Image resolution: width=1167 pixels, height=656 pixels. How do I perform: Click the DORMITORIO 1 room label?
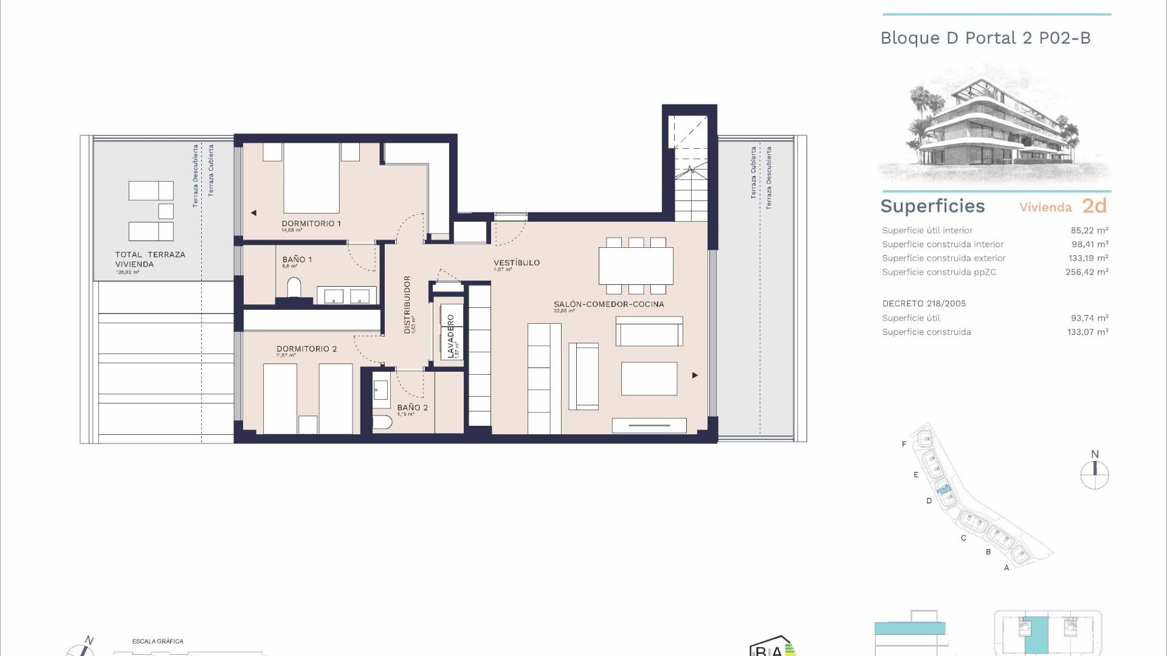click(x=311, y=224)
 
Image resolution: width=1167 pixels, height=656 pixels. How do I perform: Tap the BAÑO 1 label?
click(x=297, y=259)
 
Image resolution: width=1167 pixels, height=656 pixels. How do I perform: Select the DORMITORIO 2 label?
click(x=306, y=349)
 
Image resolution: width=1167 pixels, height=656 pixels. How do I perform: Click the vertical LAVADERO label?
click(x=450, y=336)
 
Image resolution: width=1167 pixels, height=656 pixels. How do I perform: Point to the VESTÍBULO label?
click(x=516, y=262)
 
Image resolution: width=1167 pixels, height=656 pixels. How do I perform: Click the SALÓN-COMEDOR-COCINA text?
click(x=608, y=304)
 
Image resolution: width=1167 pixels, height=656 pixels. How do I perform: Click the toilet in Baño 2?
click(x=382, y=422)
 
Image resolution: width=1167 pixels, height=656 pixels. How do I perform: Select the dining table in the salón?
click(x=636, y=266)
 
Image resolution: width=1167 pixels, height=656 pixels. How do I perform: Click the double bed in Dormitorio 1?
click(x=311, y=177)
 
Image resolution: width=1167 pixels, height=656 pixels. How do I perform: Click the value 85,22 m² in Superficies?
click(x=1089, y=230)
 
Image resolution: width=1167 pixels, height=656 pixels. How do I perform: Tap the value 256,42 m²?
click(x=1087, y=272)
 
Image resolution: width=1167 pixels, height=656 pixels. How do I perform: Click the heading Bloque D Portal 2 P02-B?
click(x=985, y=38)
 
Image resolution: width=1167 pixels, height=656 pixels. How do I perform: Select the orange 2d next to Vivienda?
click(x=1094, y=206)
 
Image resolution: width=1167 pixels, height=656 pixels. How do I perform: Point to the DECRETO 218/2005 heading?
click(x=924, y=304)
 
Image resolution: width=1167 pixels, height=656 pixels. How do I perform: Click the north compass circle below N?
click(x=1095, y=475)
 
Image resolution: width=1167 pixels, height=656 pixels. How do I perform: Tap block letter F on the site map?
click(x=904, y=444)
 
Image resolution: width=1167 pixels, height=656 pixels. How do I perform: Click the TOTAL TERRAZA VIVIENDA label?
click(x=150, y=259)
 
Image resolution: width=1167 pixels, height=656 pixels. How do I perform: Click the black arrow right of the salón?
click(x=695, y=375)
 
